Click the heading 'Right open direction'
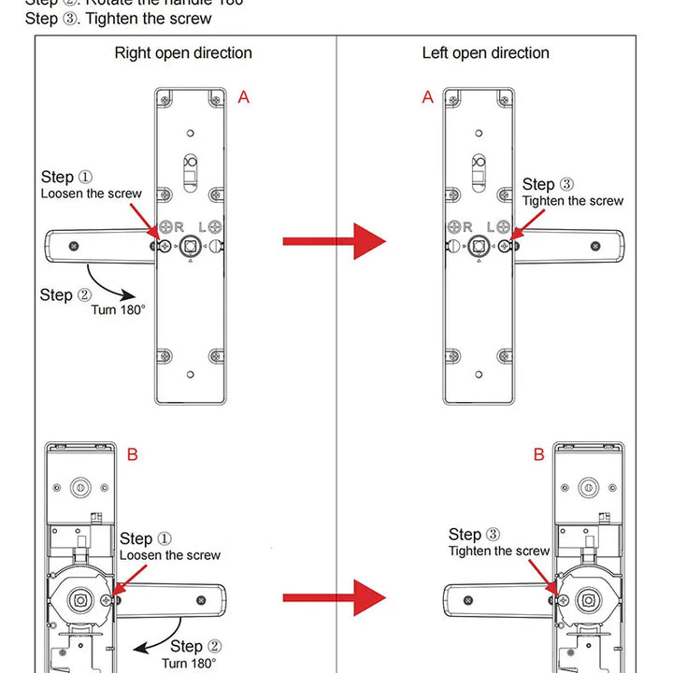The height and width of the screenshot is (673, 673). pyautogui.click(x=183, y=53)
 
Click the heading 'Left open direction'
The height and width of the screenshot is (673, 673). pyautogui.click(x=485, y=53)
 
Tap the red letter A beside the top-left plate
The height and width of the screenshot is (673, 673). pyautogui.click(x=244, y=96)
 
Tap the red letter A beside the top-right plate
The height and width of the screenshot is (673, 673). pyautogui.click(x=428, y=96)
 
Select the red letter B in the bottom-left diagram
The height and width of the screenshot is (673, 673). pyautogui.click(x=133, y=455)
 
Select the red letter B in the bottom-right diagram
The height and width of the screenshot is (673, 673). pyautogui.click(x=538, y=455)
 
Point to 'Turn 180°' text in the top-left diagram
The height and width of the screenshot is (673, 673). pyautogui.click(x=118, y=309)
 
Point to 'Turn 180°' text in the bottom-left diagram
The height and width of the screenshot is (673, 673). pyautogui.click(x=189, y=663)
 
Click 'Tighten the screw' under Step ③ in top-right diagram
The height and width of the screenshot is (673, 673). pyautogui.click(x=572, y=201)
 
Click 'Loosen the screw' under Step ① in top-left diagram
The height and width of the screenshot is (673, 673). pyautogui.click(x=91, y=193)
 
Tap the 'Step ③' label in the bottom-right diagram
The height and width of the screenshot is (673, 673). pyautogui.click(x=474, y=535)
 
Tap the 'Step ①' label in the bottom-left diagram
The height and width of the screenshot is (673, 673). pyautogui.click(x=146, y=539)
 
